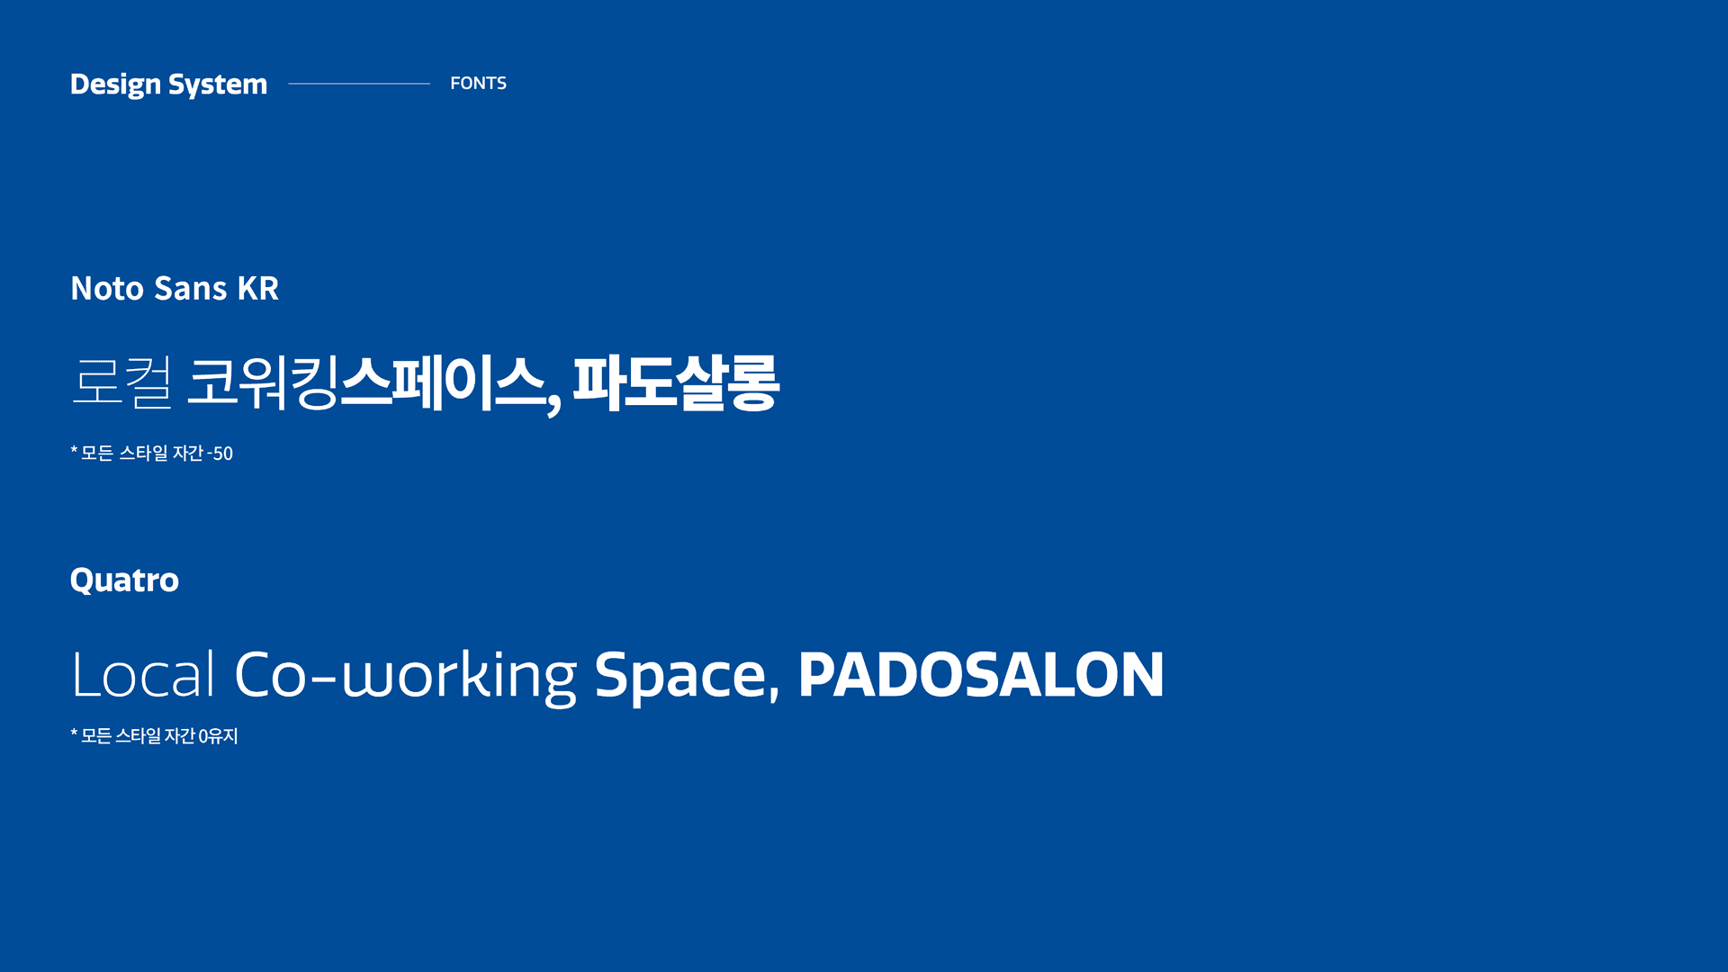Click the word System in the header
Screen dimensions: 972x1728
coord(218,85)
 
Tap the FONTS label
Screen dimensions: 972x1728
coord(478,83)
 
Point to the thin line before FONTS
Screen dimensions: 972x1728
coord(358,84)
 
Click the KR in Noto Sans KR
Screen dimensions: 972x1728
coord(257,289)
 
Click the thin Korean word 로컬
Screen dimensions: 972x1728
coord(121,382)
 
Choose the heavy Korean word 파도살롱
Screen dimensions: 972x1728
coord(676,382)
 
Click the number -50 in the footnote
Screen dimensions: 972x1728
coord(220,454)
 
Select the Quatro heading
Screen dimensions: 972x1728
coord(124,580)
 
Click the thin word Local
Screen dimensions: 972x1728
coord(143,675)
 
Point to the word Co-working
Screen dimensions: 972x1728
coord(405,676)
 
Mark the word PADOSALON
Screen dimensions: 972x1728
coord(981,675)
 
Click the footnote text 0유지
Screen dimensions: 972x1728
coord(218,736)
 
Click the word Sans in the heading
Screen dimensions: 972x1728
coord(191,289)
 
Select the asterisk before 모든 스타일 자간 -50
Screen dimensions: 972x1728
coord(74,450)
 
